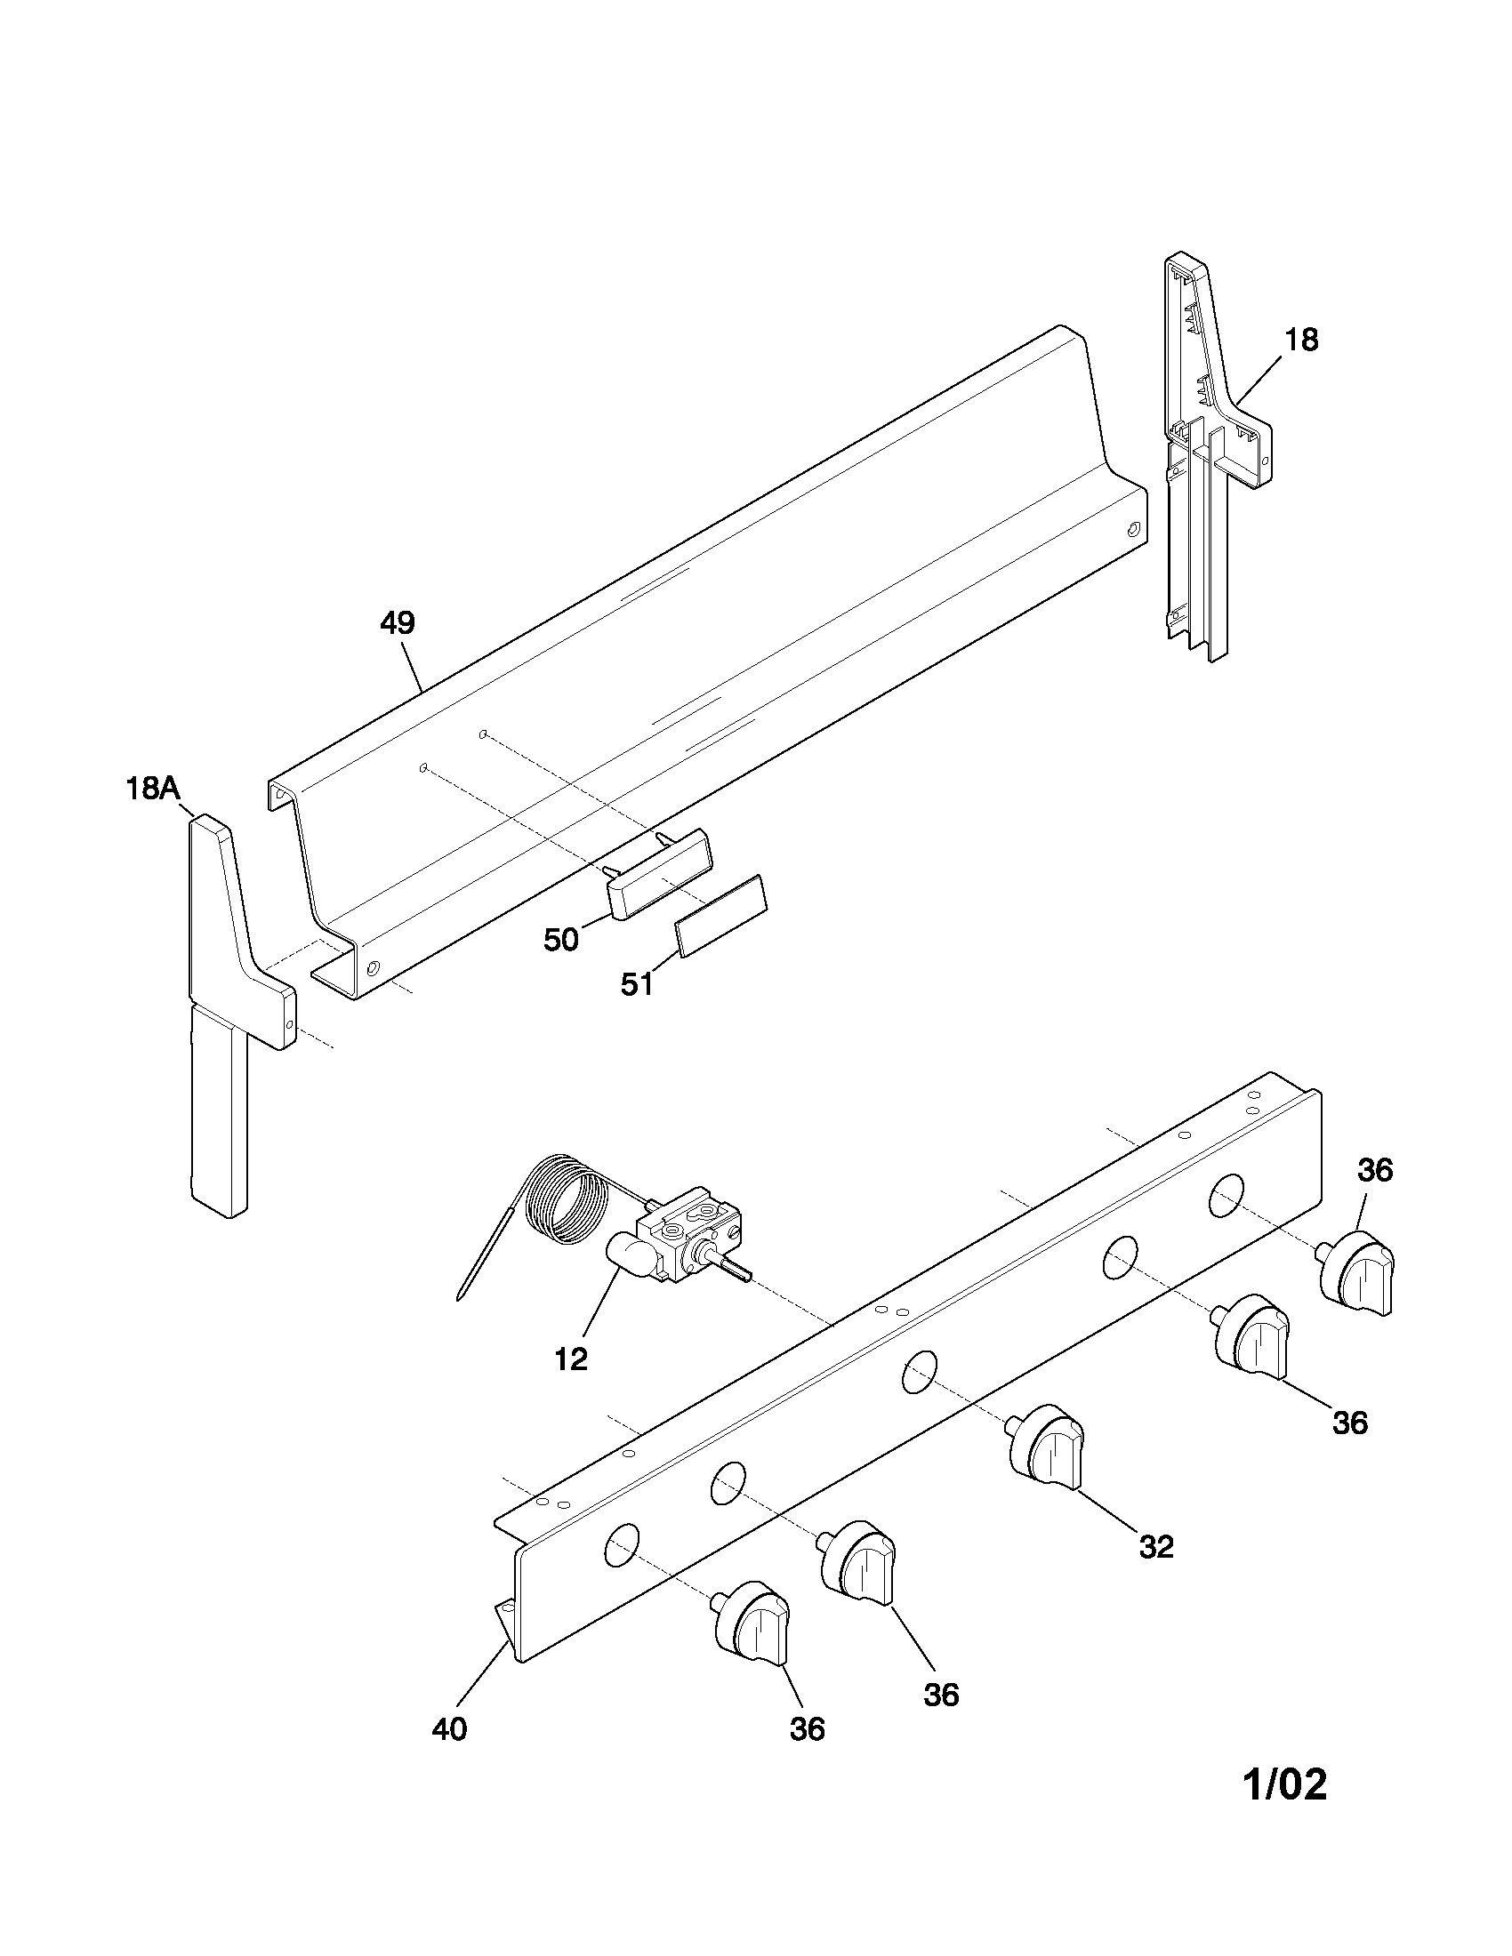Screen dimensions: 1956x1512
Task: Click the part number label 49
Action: (397, 623)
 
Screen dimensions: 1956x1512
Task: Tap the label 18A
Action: (152, 789)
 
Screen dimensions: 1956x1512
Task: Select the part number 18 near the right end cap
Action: (1301, 341)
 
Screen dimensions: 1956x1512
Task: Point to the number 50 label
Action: (561, 941)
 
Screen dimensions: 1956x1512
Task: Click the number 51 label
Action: (637, 984)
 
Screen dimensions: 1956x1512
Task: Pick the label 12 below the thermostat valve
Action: (571, 1359)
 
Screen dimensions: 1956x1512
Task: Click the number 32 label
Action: (1156, 1547)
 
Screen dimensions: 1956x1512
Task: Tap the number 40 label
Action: (449, 1729)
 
